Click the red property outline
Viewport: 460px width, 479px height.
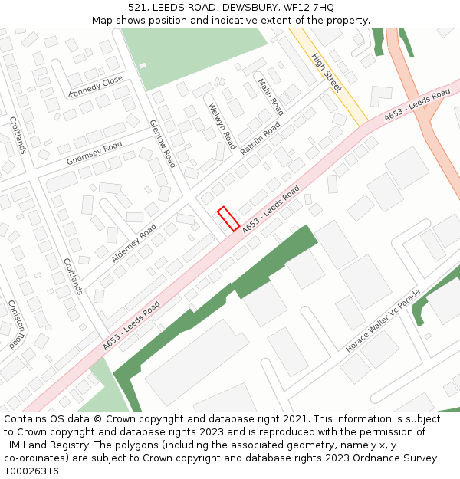[228, 218]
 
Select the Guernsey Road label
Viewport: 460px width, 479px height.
[94, 153]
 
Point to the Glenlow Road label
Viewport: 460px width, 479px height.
[163, 143]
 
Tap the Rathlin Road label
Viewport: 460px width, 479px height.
[261, 138]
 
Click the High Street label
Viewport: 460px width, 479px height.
[327, 73]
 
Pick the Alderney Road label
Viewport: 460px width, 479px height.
[134, 242]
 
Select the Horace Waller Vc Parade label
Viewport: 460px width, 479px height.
[383, 320]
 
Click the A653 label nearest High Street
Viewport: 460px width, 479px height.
[417, 105]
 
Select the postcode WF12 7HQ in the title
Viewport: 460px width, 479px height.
[307, 8]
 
